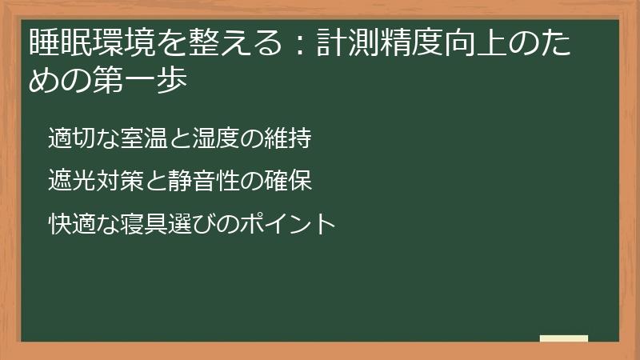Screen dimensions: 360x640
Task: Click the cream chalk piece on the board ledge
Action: tap(563, 338)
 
